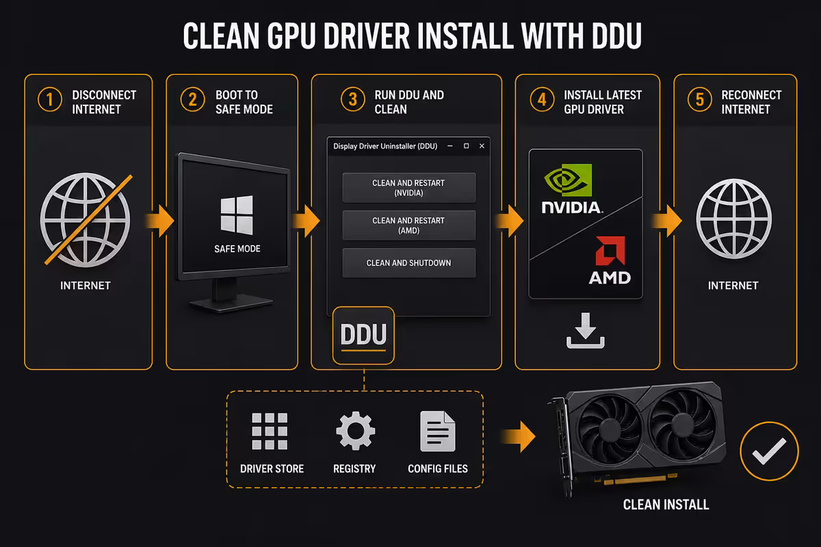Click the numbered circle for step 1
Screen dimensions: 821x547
pos(50,100)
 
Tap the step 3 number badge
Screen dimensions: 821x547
pos(352,99)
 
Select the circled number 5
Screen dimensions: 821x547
pos(700,99)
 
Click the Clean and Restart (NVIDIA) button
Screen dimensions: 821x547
pos(409,187)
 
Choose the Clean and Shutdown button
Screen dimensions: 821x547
pos(409,263)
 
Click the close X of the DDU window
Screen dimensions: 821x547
pos(482,146)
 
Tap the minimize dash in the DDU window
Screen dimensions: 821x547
pos(450,146)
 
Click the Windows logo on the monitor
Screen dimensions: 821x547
pos(237,215)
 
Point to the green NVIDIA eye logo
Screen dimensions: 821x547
pos(568,180)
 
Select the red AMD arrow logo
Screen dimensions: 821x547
pos(610,251)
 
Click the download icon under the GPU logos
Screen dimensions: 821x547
pos(586,330)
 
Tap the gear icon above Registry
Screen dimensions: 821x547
pos(356,431)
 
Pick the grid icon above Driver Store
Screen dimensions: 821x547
pos(270,431)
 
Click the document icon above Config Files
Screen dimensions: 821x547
pos(438,431)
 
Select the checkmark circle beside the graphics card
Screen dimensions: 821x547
pos(769,451)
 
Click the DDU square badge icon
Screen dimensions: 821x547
pos(363,335)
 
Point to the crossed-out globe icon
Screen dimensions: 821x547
pos(86,220)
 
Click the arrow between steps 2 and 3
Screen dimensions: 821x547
pos(306,221)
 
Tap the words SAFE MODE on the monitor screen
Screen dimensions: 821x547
pos(237,249)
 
